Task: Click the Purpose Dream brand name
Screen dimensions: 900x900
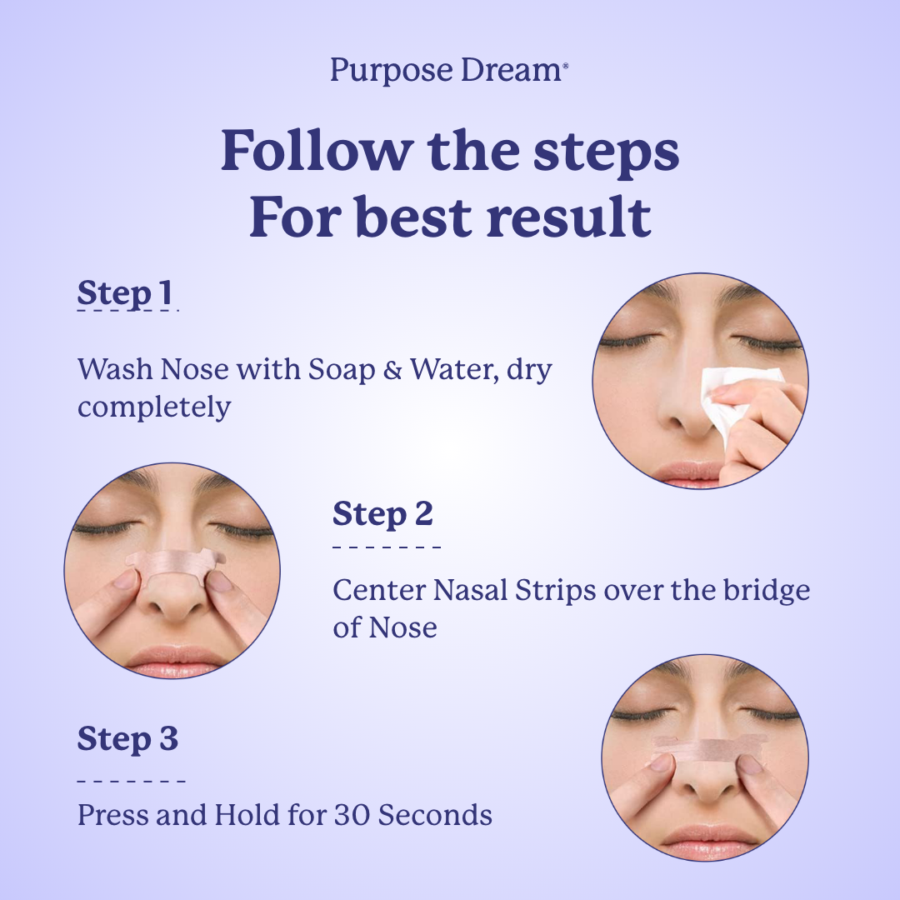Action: coord(449,71)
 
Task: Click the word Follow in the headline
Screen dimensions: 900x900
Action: coord(317,151)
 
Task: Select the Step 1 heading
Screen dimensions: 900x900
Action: coord(125,292)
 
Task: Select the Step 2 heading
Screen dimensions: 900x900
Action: coord(382,513)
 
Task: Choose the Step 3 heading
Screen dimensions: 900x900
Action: coord(128,738)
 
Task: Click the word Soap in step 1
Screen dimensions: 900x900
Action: coord(342,369)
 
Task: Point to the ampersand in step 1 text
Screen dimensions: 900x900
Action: coord(392,369)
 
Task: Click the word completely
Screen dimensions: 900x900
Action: coord(154,407)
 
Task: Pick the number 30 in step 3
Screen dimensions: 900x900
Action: coord(352,815)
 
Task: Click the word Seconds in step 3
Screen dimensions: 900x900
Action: coord(435,815)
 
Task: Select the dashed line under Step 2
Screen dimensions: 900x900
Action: coord(387,547)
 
